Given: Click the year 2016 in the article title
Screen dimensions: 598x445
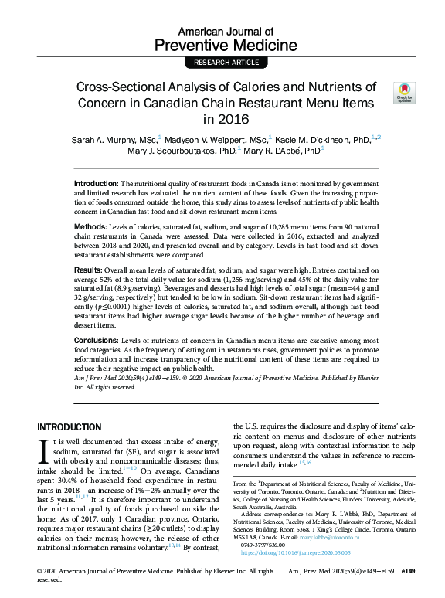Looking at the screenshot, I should click(x=222, y=120).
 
